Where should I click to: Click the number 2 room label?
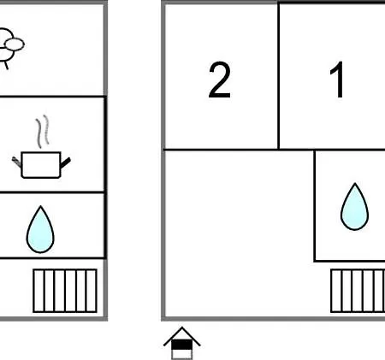pyautogui.click(x=219, y=80)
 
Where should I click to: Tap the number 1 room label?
pyautogui.click(x=337, y=80)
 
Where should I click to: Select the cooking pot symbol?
pyautogui.click(x=41, y=164)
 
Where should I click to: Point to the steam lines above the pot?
pyautogui.click(x=42, y=132)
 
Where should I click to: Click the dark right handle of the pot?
pyautogui.click(x=65, y=162)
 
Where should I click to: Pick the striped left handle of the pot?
pyautogui.click(x=16, y=162)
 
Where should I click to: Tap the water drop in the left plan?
pyautogui.click(x=40, y=229)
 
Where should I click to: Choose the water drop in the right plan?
pyautogui.click(x=354, y=206)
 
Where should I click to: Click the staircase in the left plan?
pyautogui.click(x=65, y=291)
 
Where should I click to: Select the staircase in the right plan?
pyautogui.click(x=358, y=291)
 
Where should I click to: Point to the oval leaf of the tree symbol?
pyautogui.click(x=15, y=44)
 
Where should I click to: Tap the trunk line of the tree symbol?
pyautogui.click(x=6, y=65)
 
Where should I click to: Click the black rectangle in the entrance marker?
pyautogui.click(x=181, y=345)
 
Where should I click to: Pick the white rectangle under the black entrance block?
pyautogui.click(x=181, y=354)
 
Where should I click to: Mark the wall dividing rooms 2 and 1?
pyautogui.click(x=278, y=76)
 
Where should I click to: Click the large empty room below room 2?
pyautogui.click(x=239, y=233)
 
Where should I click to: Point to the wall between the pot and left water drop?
pyautogui.click(x=52, y=192)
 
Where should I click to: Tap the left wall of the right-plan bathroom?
pyautogui.click(x=315, y=205)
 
